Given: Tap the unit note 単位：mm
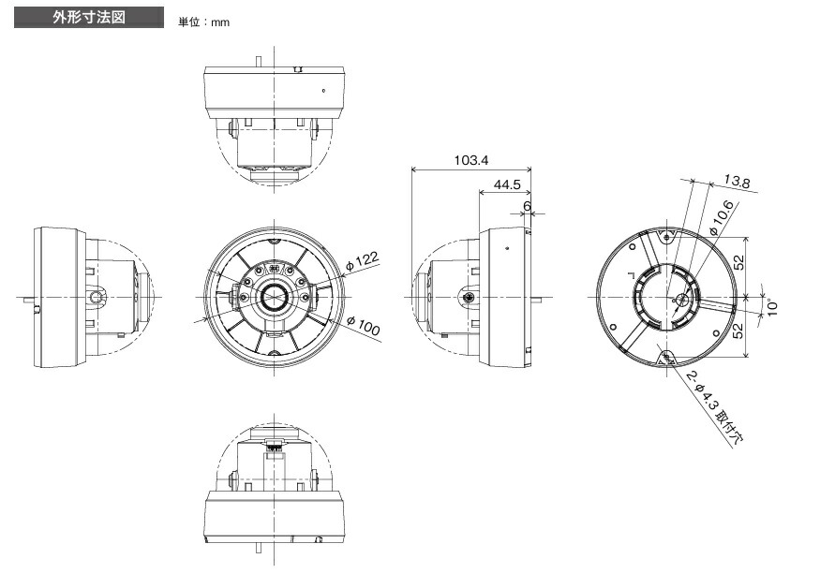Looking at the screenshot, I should [x=203, y=22].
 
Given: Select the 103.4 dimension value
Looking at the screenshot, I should [x=471, y=160].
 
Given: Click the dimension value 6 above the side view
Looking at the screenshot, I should [x=527, y=205].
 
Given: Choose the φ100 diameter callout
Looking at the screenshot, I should [x=364, y=327].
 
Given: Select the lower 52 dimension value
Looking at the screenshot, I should [x=739, y=330].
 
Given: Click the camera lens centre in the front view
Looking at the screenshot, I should [x=274, y=297].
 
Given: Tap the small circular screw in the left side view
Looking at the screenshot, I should [x=97, y=297].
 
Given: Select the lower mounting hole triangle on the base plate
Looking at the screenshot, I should [x=668, y=358].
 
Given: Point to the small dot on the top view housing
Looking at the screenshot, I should [x=323, y=91].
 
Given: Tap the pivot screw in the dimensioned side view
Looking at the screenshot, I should [x=468, y=297].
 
